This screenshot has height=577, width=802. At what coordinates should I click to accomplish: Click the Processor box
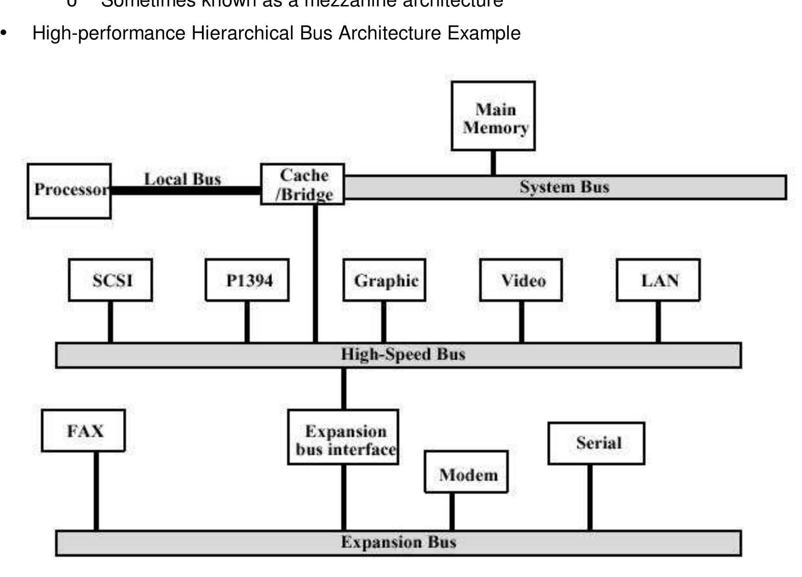(x=69, y=191)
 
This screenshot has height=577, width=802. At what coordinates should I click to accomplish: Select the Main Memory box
(x=493, y=116)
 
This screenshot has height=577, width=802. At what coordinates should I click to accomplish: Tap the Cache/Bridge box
(x=302, y=184)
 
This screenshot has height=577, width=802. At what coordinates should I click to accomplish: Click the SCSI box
(x=111, y=280)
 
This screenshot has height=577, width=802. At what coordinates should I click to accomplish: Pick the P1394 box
(x=247, y=280)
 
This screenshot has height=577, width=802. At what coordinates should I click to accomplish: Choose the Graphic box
(x=384, y=280)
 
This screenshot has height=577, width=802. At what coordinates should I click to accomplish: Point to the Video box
(x=521, y=280)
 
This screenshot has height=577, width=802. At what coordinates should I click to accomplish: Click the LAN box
(x=658, y=280)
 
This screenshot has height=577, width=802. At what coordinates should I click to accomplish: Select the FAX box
(x=84, y=431)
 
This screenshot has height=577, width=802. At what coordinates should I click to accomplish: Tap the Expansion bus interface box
(x=343, y=437)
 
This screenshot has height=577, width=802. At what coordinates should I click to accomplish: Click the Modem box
(x=466, y=472)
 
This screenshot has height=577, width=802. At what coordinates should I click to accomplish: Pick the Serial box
(x=596, y=443)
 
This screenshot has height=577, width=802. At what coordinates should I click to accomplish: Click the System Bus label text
(x=564, y=187)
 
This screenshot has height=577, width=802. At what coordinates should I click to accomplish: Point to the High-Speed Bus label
(x=403, y=355)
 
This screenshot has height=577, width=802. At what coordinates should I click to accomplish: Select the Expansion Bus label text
(x=398, y=543)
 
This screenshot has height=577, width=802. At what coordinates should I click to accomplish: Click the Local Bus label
(x=183, y=179)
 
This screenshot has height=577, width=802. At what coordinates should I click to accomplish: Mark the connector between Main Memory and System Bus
(x=493, y=163)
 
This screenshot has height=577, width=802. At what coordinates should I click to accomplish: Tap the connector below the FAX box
(x=96, y=490)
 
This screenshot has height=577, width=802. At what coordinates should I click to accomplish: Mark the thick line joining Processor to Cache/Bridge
(x=186, y=191)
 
